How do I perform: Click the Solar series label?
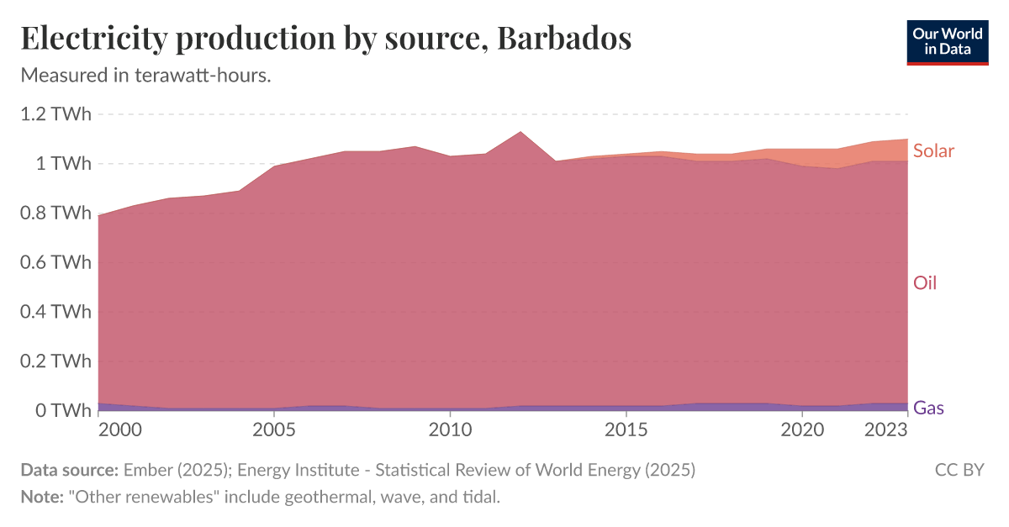click(933, 150)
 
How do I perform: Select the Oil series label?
click(925, 282)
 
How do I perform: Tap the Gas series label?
click(928, 408)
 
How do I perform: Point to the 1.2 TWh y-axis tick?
click(55, 114)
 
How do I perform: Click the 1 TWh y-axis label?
click(64, 164)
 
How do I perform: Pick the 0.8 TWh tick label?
click(55, 213)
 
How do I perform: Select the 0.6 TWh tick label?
click(55, 262)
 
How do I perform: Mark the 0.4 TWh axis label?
click(55, 312)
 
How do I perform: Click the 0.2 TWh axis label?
click(55, 361)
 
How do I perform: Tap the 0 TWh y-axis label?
click(64, 410)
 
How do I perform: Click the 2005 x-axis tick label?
click(274, 430)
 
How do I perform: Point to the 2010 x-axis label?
click(450, 430)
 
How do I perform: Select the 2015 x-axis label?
click(626, 430)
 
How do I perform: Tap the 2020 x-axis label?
click(801, 430)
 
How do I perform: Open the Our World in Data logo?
click(948, 42)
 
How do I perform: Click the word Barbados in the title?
click(563, 39)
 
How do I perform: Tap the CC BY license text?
click(959, 470)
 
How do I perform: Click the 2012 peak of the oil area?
click(520, 133)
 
